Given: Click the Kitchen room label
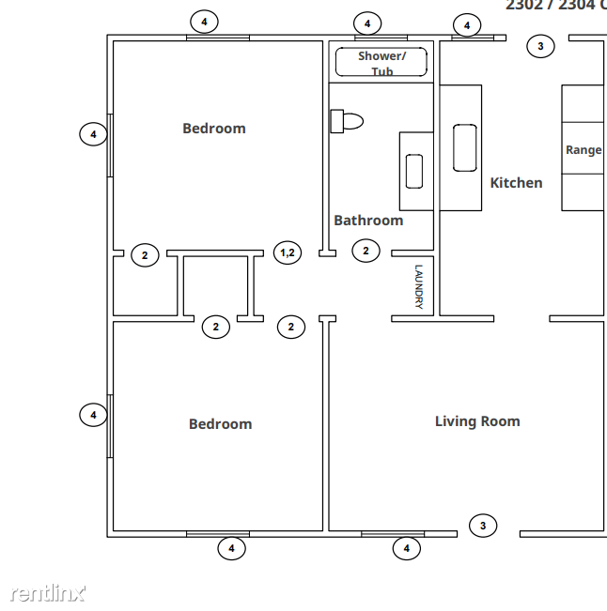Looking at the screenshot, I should point(516,183).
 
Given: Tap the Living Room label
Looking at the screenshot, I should point(476,421).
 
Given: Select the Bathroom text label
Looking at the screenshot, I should point(368,221).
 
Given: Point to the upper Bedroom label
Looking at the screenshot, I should point(213,129).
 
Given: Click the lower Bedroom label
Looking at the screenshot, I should point(220,424).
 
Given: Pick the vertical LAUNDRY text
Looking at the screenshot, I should point(419,286).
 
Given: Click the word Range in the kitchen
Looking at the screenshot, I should point(583,150).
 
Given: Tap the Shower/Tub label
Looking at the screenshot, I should point(381,63).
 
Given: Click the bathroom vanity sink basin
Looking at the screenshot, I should point(414,171).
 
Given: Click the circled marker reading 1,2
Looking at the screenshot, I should point(288,252).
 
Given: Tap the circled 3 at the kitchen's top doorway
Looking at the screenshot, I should point(539,46).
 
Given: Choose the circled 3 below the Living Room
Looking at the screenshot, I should point(483,526).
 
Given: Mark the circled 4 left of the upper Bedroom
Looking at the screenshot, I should point(92,135).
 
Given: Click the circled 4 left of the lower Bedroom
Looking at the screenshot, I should point(92,414).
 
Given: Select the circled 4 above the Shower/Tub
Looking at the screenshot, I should point(367,23).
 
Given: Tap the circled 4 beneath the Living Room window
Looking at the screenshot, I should point(406,548).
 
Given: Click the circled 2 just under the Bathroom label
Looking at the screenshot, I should point(366,251).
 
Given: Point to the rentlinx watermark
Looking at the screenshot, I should point(48,592).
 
